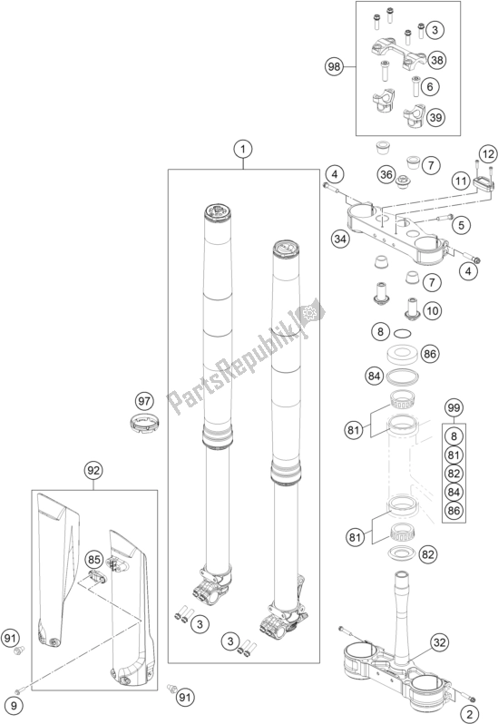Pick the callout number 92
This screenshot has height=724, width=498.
pos(93,471)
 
